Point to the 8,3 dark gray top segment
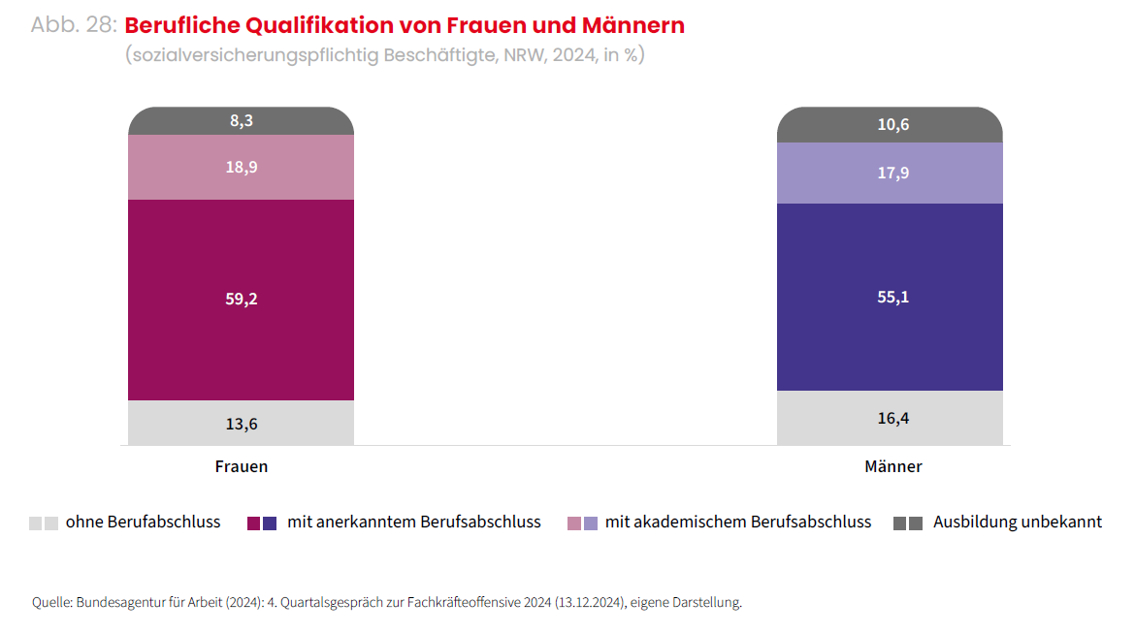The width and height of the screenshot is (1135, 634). [241, 121]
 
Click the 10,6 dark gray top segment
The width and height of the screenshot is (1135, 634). [889, 125]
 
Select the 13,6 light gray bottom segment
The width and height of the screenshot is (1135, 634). [241, 424]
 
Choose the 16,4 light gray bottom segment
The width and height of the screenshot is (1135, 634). [889, 418]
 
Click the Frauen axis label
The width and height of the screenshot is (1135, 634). [241, 466]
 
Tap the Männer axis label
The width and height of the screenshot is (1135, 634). [892, 466]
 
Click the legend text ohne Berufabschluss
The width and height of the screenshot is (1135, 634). [143, 523]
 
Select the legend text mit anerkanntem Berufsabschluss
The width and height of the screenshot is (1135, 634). [413, 523]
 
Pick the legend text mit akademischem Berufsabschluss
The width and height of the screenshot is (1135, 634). [737, 523]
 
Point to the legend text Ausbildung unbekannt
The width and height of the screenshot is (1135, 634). [1017, 523]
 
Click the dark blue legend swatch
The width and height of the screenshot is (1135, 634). [270, 523]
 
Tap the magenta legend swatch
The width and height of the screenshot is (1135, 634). [254, 523]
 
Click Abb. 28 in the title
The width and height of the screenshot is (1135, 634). [73, 26]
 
